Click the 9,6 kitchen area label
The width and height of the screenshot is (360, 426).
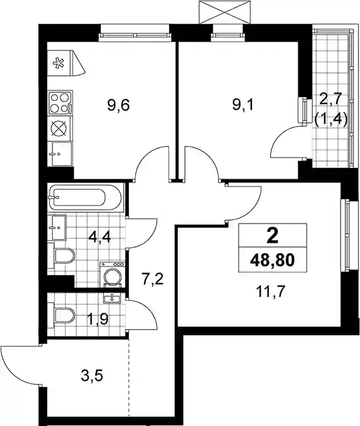[119, 105]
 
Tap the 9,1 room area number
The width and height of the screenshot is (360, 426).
[243, 105]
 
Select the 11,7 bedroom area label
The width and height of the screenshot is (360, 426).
[270, 292]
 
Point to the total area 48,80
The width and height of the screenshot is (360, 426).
[272, 260]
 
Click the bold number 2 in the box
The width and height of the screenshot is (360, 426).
[272, 236]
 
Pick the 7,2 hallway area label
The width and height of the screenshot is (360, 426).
[153, 279]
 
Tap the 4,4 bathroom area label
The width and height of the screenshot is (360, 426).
[99, 237]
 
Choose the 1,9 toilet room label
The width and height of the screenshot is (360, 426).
[98, 319]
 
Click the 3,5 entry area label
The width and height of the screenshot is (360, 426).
[92, 376]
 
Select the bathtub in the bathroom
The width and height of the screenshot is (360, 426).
[85, 197]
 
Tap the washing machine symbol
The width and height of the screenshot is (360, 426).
[113, 274]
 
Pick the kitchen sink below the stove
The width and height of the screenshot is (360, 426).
[60, 154]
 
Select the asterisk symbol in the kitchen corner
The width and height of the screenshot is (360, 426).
[58, 64]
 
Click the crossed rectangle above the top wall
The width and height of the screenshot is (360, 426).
[224, 12]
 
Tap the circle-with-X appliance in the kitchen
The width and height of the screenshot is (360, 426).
[60, 128]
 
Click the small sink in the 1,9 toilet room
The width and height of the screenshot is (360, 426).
[112, 298]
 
